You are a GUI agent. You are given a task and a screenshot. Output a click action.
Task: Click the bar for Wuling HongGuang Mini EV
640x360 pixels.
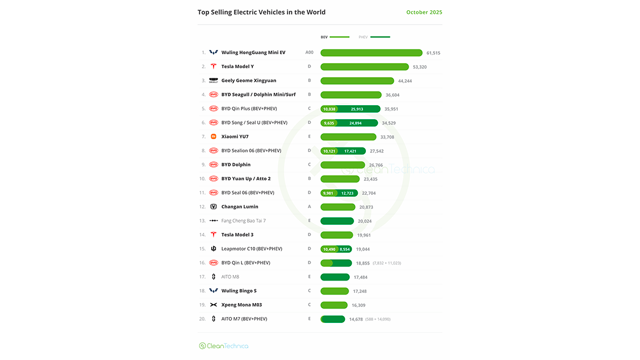click(371, 53)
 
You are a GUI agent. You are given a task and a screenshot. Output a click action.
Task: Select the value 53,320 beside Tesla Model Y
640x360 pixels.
click(420, 67)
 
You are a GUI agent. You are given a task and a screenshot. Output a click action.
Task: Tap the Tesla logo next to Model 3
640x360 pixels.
click(214, 234)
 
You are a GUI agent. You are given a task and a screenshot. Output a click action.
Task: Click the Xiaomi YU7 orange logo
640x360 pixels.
click(214, 137)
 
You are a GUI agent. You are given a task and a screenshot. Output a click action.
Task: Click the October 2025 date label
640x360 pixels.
click(424, 12)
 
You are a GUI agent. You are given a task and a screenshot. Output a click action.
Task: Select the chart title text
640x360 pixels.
click(261, 12)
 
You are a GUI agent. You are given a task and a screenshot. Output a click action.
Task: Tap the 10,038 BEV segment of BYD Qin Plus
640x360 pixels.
click(329, 109)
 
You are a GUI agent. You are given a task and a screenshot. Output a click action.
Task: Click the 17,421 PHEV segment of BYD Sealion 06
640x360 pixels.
click(350, 151)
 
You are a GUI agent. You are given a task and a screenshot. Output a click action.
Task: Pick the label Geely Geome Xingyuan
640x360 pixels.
click(248, 80)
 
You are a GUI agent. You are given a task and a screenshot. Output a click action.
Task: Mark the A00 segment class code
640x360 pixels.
click(309, 53)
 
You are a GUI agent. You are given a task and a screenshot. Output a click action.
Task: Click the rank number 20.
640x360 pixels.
click(202, 319)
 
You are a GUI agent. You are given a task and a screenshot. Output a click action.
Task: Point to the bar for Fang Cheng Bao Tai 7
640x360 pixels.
click(337, 221)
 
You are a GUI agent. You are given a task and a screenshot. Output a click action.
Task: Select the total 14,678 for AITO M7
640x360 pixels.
click(356, 319)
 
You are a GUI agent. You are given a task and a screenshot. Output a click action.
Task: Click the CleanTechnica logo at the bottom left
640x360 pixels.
click(224, 346)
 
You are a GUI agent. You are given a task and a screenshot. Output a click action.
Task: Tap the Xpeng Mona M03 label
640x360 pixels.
click(241, 305)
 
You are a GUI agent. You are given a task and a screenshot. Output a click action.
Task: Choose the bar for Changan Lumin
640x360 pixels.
click(337, 207)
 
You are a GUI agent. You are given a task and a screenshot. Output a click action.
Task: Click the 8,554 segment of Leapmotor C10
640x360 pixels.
click(344, 249)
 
